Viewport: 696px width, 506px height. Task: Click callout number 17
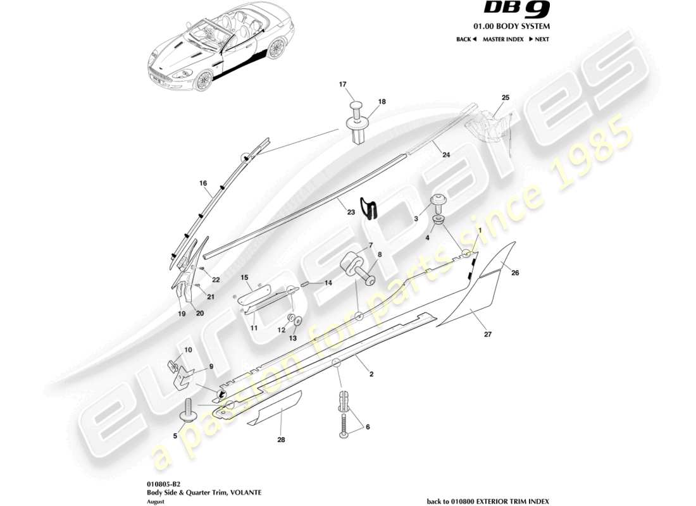(343, 84)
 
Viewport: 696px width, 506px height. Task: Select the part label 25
(505, 97)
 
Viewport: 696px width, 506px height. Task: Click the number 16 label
(203, 183)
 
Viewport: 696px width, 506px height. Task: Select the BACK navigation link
(466, 39)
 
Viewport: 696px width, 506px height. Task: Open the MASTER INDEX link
(502, 39)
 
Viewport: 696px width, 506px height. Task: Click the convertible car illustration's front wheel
(203, 81)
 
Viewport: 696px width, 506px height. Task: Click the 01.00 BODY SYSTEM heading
(521, 27)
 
